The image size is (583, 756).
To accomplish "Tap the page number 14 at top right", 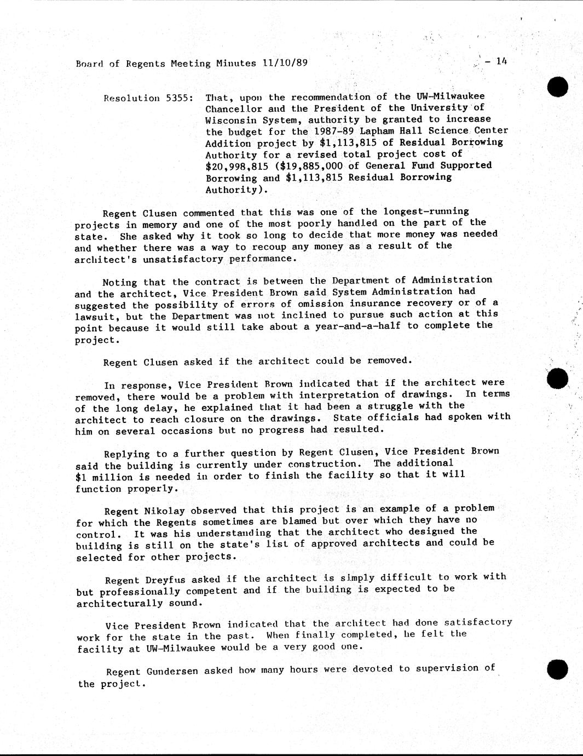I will point(501,61).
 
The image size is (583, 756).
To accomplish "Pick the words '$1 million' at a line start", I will point(96,477).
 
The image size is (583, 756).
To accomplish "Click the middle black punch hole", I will point(557,379).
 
